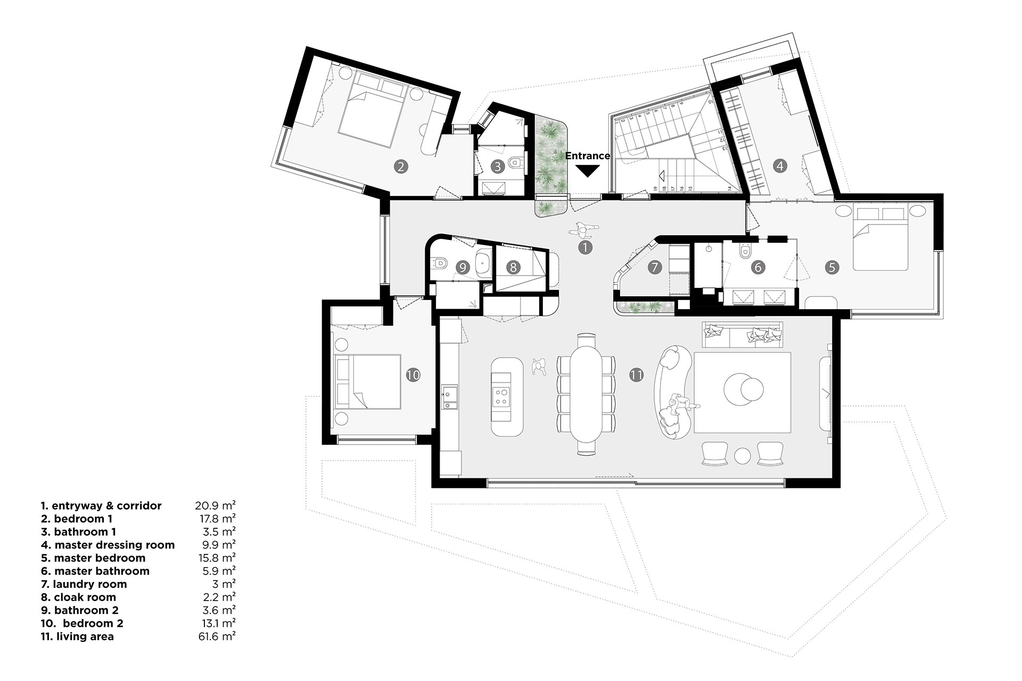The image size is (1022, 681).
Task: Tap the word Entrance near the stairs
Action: [x=587, y=156]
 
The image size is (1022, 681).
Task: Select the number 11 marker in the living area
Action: [x=636, y=375]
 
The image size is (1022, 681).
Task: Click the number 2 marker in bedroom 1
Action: [x=401, y=167]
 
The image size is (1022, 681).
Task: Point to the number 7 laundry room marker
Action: [x=655, y=267]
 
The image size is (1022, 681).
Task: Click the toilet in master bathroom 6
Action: [x=745, y=250]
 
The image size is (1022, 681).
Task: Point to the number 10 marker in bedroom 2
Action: [x=413, y=375]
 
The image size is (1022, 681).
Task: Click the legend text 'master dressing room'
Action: [x=114, y=545]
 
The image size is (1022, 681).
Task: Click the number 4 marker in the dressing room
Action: [x=780, y=166]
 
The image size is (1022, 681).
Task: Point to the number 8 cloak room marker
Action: [x=513, y=267]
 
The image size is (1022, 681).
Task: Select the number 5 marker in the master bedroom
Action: [x=832, y=267]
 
